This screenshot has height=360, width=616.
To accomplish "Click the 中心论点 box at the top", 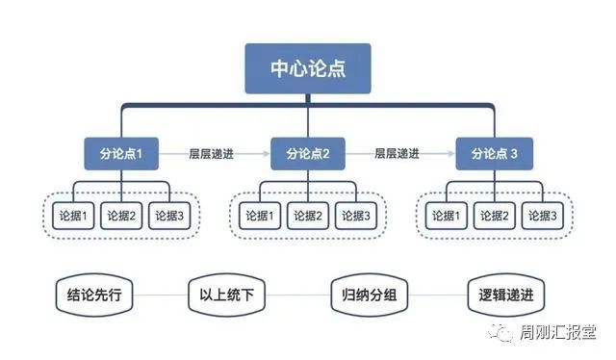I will (308, 68).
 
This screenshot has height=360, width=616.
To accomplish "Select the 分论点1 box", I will (120, 153).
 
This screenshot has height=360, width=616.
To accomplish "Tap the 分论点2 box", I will (308, 153).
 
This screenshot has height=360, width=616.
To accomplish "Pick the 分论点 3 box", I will (495, 153).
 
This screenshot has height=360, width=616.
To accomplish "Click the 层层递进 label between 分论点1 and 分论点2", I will (214, 152).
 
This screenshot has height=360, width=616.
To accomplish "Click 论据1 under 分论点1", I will (72, 216).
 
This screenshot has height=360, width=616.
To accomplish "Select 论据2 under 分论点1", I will (120, 216).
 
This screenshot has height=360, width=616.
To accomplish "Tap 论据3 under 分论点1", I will (168, 216).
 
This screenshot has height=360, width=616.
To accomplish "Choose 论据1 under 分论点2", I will (260, 216).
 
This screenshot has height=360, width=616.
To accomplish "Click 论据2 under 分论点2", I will (308, 216).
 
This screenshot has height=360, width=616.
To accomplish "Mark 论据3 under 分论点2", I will (356, 216).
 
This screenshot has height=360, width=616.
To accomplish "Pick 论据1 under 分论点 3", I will (448, 216).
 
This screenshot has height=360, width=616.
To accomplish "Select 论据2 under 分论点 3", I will (495, 216).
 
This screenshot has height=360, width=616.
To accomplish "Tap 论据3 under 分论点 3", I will (543, 216).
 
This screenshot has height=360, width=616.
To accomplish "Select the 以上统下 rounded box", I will (227, 294).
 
